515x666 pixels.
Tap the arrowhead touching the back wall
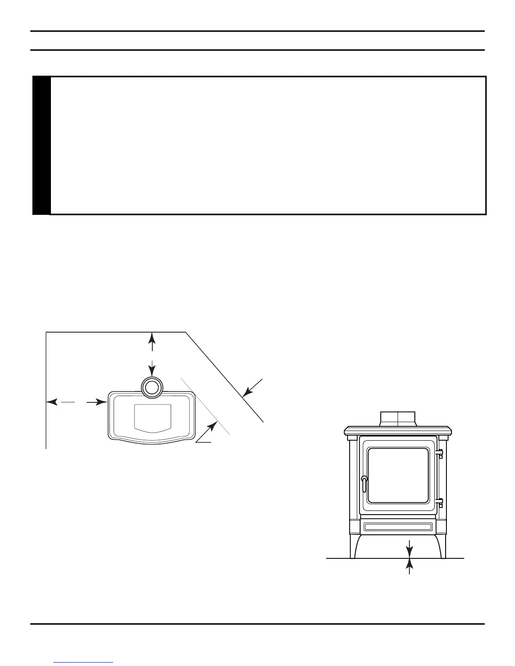point(152,337)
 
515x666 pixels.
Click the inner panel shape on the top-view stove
point(152,418)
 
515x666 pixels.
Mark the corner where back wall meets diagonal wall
point(186,332)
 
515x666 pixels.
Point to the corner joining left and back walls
point(46,332)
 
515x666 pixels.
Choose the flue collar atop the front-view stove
point(398,418)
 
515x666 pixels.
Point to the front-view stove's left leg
point(353,547)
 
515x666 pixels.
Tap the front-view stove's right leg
point(443,547)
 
